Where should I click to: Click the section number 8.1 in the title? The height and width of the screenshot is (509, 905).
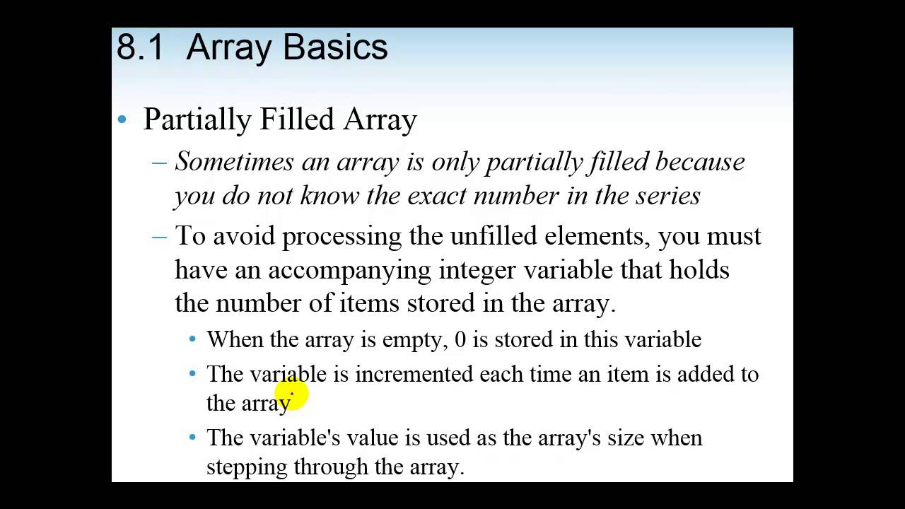[140, 47]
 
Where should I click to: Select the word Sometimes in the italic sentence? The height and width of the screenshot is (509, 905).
[234, 162]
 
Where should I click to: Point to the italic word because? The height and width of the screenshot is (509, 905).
[700, 162]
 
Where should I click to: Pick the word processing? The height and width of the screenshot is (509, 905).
[341, 236]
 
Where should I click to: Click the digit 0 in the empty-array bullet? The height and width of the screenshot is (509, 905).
[460, 340]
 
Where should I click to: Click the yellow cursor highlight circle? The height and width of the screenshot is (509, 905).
[291, 395]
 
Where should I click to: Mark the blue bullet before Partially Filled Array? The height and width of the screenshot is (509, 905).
[122, 120]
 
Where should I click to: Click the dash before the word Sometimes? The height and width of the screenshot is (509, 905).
[160, 163]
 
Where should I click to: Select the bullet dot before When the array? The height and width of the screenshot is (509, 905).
[192, 339]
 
